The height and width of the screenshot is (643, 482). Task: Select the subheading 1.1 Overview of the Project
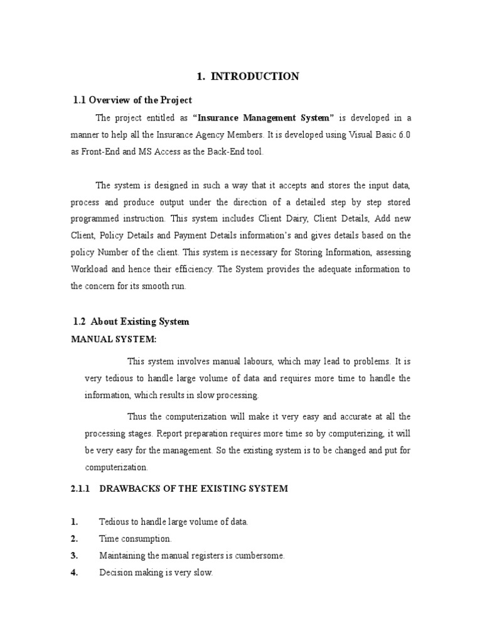coord(132,100)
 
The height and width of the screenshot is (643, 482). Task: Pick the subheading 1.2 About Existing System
coord(131,321)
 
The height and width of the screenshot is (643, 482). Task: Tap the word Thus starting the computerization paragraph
coord(138,416)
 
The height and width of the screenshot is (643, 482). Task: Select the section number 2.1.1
coord(82,489)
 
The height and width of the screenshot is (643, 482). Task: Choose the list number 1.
coord(74,522)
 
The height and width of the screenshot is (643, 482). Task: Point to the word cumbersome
coord(259,556)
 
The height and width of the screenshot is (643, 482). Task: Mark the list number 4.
coord(74,573)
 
